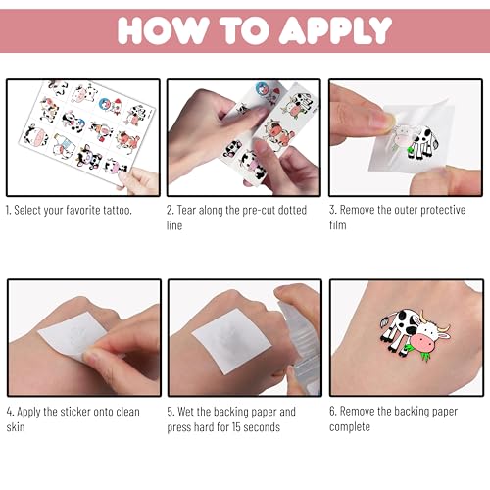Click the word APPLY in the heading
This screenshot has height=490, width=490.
pos(335,30)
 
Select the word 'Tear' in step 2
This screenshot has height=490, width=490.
pos(186,210)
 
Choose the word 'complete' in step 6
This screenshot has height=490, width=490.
pos(350,427)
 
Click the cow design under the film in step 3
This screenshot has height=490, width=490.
pos(416,143)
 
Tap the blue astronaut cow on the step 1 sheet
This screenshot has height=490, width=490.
pos(106,104)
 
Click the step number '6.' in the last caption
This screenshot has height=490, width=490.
pos(333,411)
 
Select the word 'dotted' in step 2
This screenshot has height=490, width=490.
pos(292,210)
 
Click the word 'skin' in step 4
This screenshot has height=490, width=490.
pos(16,427)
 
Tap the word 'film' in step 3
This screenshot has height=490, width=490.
pos(338,225)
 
